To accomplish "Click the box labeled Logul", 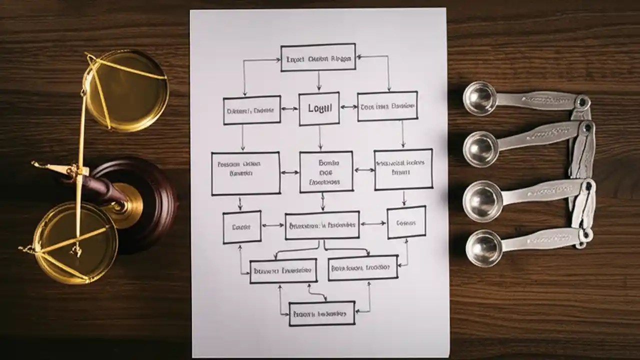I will [319, 108].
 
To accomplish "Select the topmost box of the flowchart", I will [318, 57].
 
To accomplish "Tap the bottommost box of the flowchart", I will [322, 313].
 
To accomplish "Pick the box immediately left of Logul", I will [251, 110].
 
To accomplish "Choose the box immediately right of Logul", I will [387, 106].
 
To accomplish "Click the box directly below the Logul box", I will [325, 171].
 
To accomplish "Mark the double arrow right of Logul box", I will [348, 107].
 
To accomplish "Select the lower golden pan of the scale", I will [75, 242].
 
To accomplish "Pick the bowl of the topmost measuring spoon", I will [479, 98].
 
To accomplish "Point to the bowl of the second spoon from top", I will [480, 148].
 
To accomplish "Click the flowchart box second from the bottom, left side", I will [283, 271].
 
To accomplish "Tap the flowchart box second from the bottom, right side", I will [363, 267].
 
